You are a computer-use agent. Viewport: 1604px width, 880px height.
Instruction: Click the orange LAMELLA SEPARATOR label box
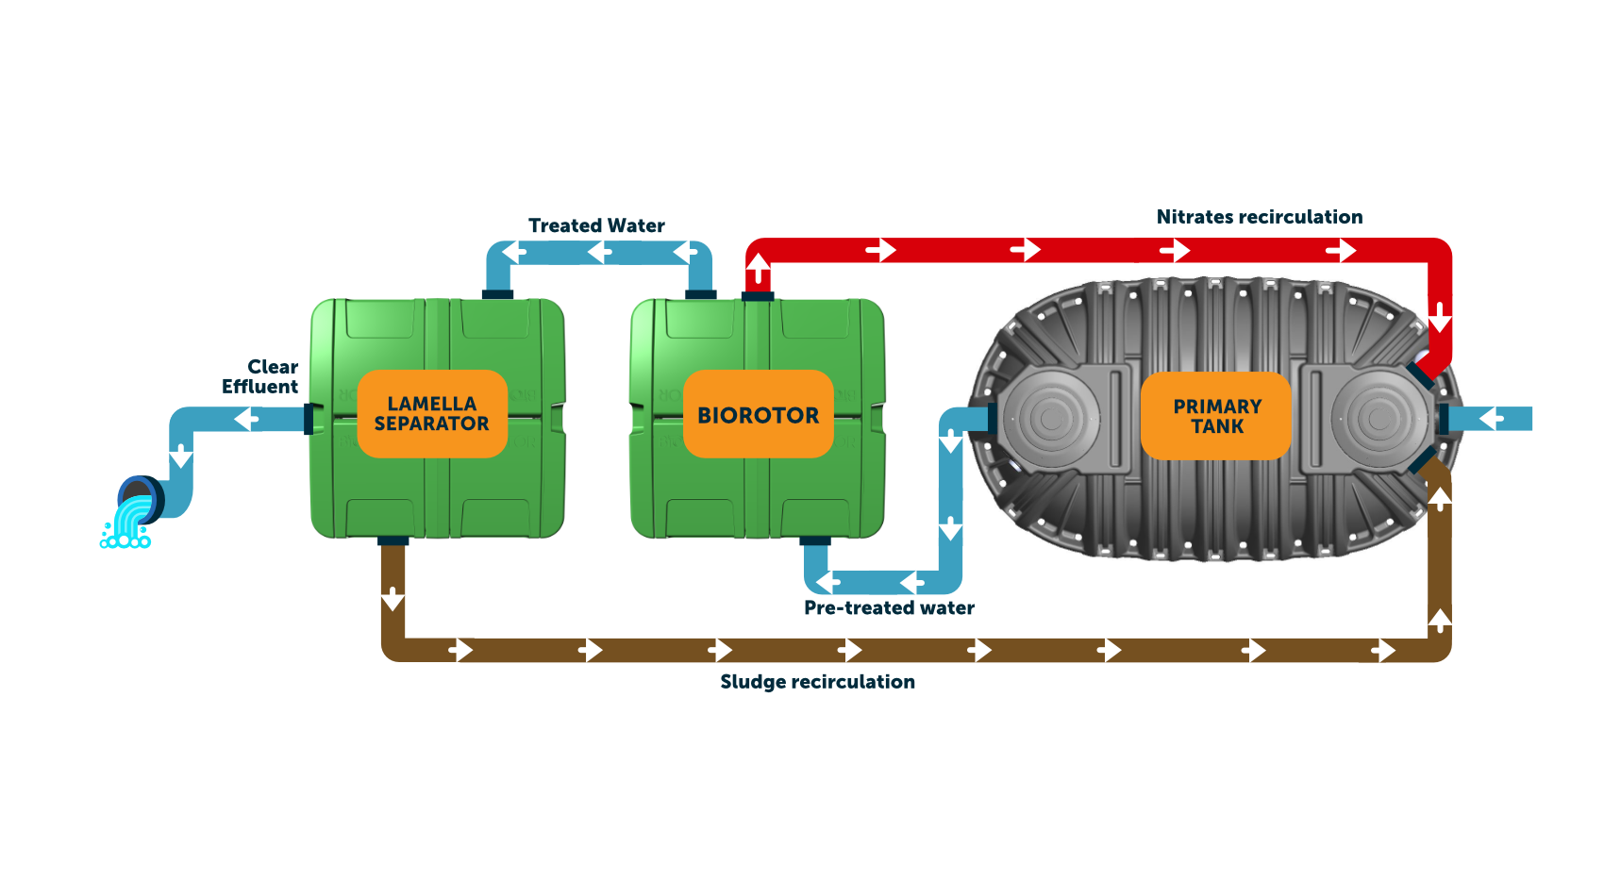click(432, 414)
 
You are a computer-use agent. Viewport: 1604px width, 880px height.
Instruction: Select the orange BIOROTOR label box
click(759, 414)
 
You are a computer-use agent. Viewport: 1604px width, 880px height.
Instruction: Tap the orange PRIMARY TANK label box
click(1216, 416)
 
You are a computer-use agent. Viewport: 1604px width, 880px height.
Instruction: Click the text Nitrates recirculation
click(1260, 217)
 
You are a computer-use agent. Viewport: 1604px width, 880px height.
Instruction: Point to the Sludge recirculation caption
click(818, 682)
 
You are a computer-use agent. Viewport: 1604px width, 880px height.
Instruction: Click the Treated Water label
click(596, 225)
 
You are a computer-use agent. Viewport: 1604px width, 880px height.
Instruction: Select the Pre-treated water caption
click(890, 608)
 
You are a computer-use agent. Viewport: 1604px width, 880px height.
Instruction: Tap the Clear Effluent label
click(260, 376)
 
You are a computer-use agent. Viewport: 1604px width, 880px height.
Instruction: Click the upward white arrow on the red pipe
click(759, 269)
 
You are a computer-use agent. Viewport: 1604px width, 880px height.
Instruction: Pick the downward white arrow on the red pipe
click(1440, 317)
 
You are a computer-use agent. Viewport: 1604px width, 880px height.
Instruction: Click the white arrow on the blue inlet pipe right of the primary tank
click(1492, 418)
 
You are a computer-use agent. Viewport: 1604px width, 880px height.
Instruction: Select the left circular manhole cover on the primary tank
click(1051, 419)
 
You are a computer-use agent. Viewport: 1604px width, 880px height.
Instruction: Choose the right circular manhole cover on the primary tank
click(1379, 419)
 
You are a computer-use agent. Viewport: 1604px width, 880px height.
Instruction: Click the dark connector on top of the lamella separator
click(497, 294)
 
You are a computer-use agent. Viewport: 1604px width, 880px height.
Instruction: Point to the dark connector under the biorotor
click(815, 541)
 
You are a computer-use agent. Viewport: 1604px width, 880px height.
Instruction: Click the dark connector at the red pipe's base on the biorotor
click(758, 296)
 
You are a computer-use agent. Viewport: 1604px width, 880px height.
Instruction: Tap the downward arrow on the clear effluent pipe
click(181, 455)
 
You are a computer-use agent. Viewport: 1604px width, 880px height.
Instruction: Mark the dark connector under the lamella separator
click(393, 541)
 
